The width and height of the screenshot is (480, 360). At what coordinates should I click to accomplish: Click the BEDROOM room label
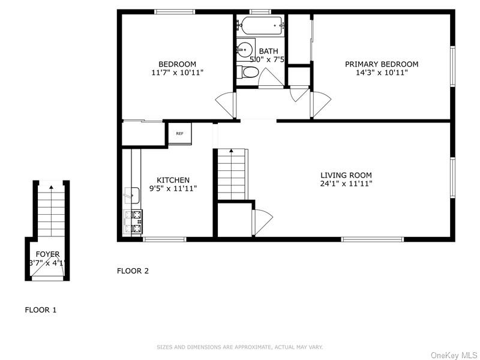(177, 64)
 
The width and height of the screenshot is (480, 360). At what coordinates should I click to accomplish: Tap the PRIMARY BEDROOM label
(382, 64)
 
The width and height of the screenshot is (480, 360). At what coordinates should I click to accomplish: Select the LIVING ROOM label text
(346, 175)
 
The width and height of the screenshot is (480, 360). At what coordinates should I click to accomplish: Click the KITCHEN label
(173, 180)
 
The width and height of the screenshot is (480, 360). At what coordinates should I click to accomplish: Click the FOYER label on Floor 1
(47, 254)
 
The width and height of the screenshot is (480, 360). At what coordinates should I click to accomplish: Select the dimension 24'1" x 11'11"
(346, 184)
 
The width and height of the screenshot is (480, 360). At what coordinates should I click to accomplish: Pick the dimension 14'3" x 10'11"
(382, 73)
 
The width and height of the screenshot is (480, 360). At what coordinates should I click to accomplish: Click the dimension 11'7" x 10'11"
(177, 73)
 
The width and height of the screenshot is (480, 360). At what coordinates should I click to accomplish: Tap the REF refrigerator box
(179, 134)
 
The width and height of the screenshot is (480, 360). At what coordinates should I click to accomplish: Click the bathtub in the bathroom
(261, 26)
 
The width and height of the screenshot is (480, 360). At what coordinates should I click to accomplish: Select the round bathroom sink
(245, 50)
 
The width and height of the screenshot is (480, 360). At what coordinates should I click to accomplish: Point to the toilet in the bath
(248, 73)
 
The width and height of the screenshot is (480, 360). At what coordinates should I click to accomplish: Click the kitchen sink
(133, 195)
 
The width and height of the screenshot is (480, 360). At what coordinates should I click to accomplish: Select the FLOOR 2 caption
(133, 271)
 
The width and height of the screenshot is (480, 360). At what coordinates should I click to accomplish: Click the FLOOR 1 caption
(40, 310)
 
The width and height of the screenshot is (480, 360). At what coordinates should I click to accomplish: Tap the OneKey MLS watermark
(453, 355)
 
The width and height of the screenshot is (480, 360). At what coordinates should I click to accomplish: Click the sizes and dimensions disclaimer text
(239, 347)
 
